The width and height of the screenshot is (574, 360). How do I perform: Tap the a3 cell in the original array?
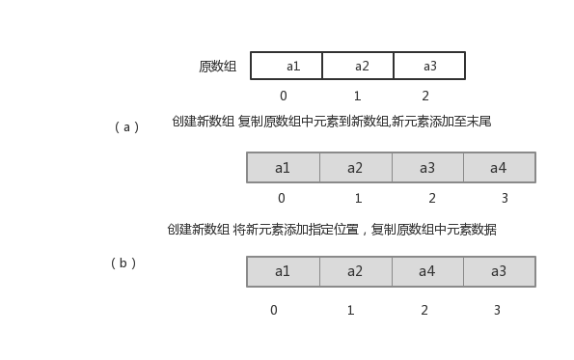point(429,66)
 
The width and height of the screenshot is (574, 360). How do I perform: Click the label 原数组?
point(218,67)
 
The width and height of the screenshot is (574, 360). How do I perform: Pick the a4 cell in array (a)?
point(499,168)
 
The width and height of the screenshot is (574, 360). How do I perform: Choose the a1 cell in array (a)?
point(283,168)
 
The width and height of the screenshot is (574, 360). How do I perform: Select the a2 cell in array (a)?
point(355,168)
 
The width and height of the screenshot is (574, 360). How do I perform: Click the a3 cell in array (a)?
point(427,168)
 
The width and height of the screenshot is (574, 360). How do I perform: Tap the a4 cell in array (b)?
point(427,271)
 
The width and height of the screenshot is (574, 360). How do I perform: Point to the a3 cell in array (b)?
point(499,271)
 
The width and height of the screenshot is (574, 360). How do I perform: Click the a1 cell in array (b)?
point(283,271)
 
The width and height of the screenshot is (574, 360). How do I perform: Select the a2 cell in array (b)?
point(355,271)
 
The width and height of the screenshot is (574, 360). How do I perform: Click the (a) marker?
point(127,127)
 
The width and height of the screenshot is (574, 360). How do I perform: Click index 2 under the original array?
point(425,97)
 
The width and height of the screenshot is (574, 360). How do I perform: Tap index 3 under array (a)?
point(505,199)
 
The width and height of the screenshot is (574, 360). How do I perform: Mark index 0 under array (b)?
point(274,311)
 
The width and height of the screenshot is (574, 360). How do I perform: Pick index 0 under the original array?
point(283,97)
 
